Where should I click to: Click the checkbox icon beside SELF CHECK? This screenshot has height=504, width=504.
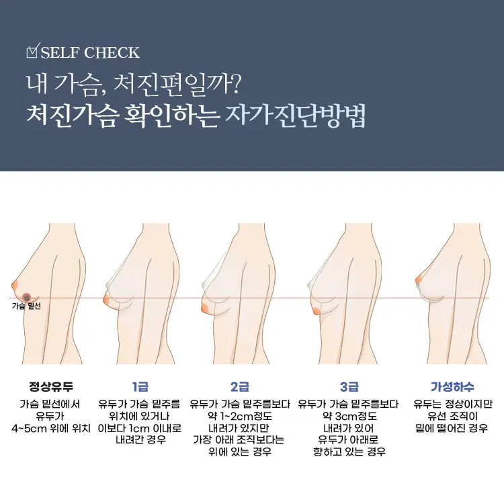32,51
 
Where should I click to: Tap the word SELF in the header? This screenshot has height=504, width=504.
60,52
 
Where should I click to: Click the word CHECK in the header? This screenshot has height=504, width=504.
112,52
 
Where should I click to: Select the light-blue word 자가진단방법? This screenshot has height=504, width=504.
296,116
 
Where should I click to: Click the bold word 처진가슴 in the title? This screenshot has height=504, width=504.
71,116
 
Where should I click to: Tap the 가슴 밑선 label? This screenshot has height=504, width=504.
26,306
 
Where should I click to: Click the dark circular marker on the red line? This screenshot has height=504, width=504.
26,298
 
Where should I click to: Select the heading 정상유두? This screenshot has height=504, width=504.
51,386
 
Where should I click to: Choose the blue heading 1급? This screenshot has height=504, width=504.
140,386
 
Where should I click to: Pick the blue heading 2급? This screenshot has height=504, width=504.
240,386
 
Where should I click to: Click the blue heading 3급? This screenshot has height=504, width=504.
349,386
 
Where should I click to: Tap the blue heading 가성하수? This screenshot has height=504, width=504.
452,386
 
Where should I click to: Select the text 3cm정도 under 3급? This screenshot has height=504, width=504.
355,416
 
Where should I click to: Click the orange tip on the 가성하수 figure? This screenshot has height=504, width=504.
419,279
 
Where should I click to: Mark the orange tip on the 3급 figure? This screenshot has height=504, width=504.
316,310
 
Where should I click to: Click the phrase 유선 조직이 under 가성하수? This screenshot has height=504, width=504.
452,416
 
